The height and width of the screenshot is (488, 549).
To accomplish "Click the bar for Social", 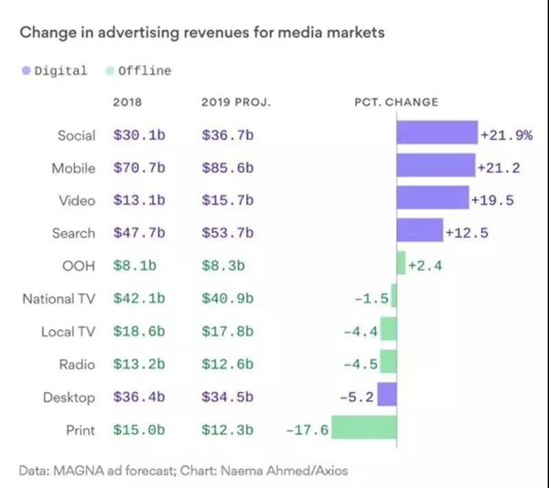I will tap(437, 135).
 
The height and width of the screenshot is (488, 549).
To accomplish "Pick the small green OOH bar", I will tap(401, 266).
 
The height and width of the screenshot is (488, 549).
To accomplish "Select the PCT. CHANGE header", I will tap(396, 101).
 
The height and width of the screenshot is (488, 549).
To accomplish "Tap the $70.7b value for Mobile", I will tap(140, 168).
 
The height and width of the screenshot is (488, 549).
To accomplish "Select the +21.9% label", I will tap(507, 135).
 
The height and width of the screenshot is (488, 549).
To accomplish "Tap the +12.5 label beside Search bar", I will tap(467, 233).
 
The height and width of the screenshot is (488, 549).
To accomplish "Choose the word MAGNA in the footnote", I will tap(80, 470).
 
